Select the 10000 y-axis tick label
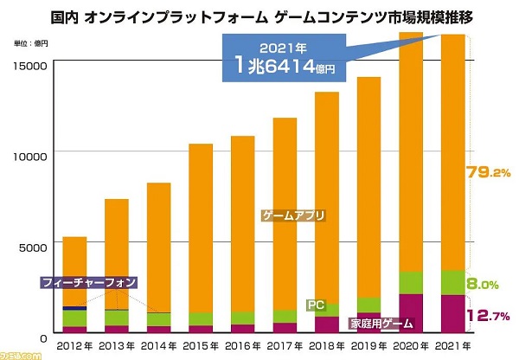pyautogui.click(x=31, y=157)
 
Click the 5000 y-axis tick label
pyautogui.click(x=34, y=247)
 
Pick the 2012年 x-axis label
pyautogui.click(x=75, y=346)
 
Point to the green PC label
pyautogui.click(x=317, y=305)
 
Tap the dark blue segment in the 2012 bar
pyautogui.click(x=75, y=307)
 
